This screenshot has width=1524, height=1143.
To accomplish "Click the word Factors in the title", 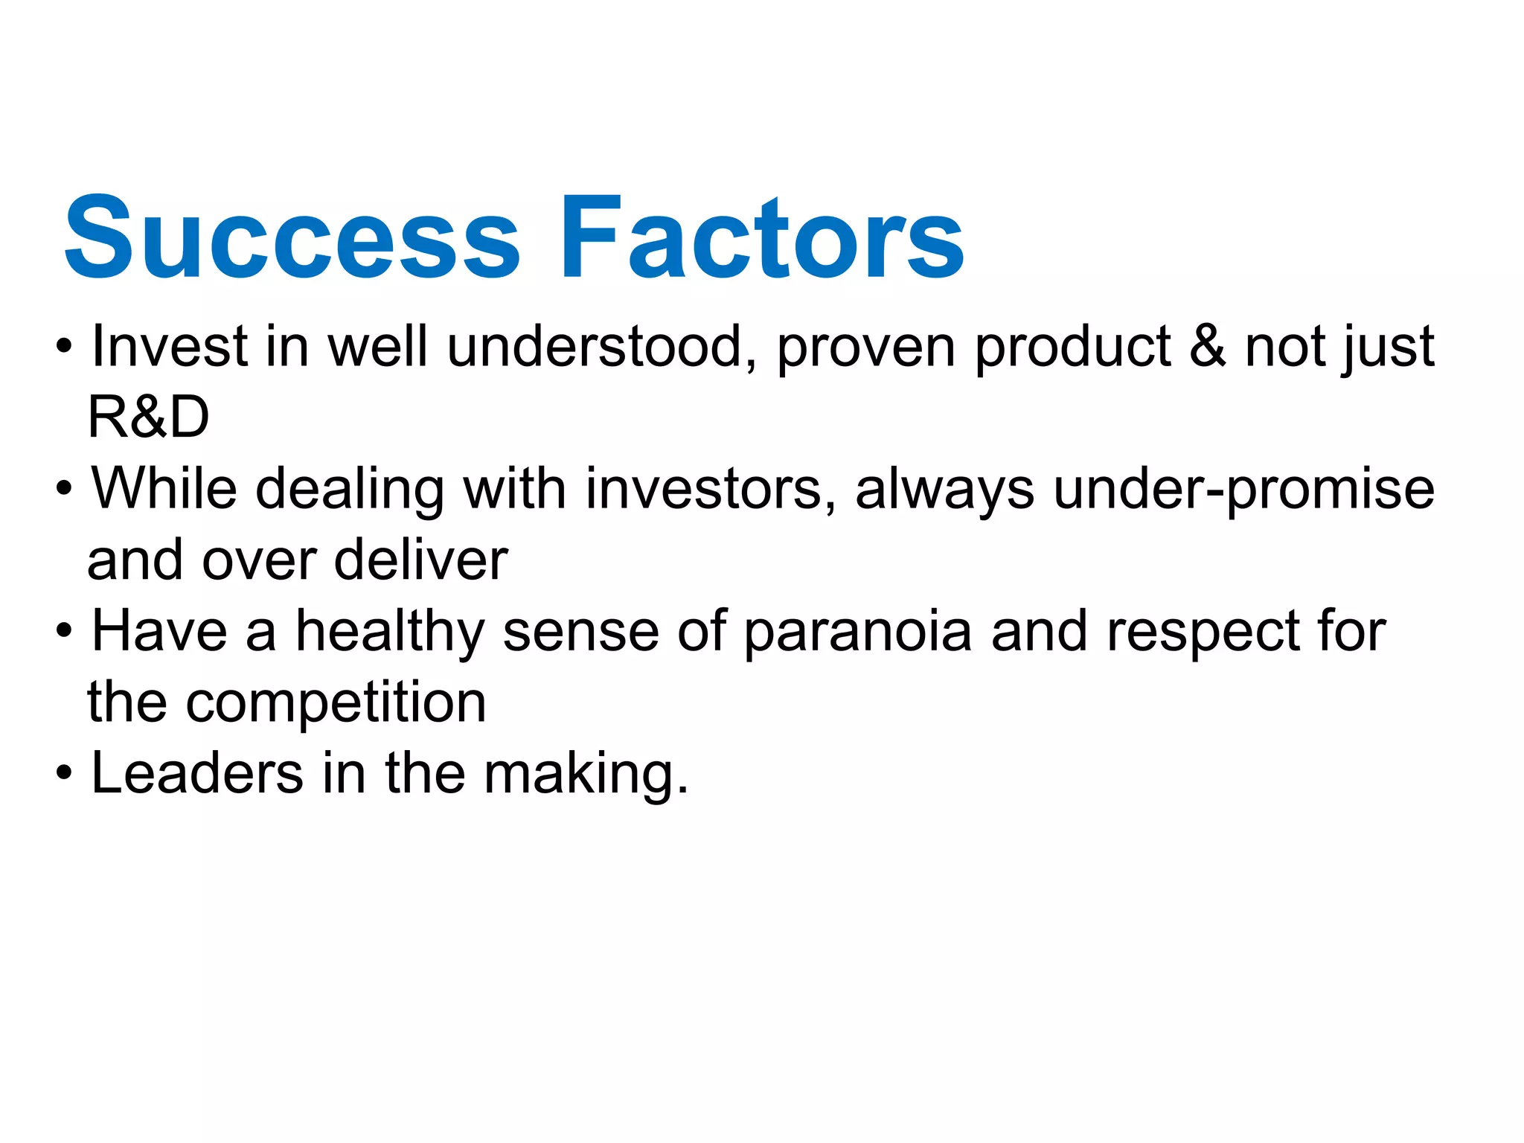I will [763, 238].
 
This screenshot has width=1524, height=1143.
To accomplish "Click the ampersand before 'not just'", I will [1208, 347].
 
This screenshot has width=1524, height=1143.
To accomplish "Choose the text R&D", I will [148, 417].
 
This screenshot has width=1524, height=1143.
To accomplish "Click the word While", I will [164, 489].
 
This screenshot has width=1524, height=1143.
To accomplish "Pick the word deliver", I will [421, 560].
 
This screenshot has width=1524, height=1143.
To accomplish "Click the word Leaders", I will [197, 774].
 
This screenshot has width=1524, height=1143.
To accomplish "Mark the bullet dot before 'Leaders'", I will [65, 774].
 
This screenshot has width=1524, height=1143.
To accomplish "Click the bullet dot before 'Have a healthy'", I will [65, 632].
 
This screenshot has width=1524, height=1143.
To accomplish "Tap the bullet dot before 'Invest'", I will [65, 347].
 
